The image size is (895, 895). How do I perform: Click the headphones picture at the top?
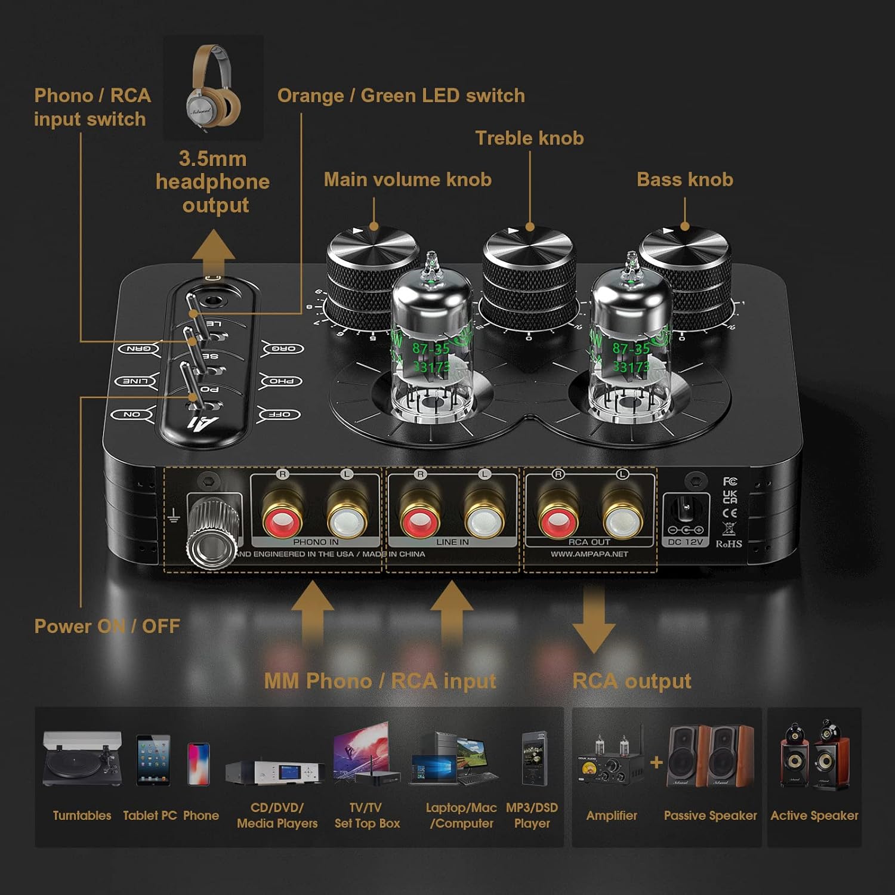tap(214, 87)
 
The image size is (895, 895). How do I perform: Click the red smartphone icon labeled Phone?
tap(199, 764)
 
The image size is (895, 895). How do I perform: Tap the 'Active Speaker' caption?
tap(814, 816)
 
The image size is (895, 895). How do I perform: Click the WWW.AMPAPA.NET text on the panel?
tap(589, 554)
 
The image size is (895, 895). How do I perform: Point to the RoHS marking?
tap(729, 544)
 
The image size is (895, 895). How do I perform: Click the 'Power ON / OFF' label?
tap(107, 626)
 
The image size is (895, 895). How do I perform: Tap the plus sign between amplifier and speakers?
tap(656, 763)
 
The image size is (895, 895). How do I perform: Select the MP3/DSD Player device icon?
tap(532, 758)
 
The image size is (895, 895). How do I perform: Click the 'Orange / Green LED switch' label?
tap(401, 95)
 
